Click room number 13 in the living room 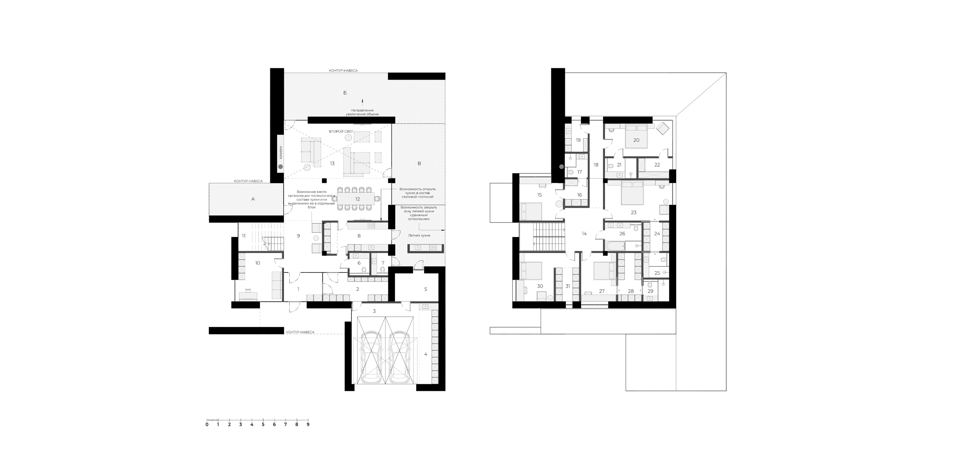click(x=332, y=163)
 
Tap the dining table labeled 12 click(x=357, y=199)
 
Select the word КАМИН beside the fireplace click(x=281, y=152)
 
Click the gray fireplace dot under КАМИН click(x=281, y=167)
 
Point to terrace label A click(x=252, y=199)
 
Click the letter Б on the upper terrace click(x=345, y=93)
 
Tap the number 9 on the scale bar click(x=308, y=424)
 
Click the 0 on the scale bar click(x=207, y=424)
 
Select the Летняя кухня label click(x=419, y=236)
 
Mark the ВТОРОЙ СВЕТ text click(x=341, y=131)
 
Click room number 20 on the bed click(x=636, y=140)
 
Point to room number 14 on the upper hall click(x=584, y=234)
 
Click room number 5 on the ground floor click(x=425, y=289)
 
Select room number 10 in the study click(x=258, y=263)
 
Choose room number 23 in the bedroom click(x=634, y=213)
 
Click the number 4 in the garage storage click(x=426, y=354)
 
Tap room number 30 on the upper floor click(x=540, y=286)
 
